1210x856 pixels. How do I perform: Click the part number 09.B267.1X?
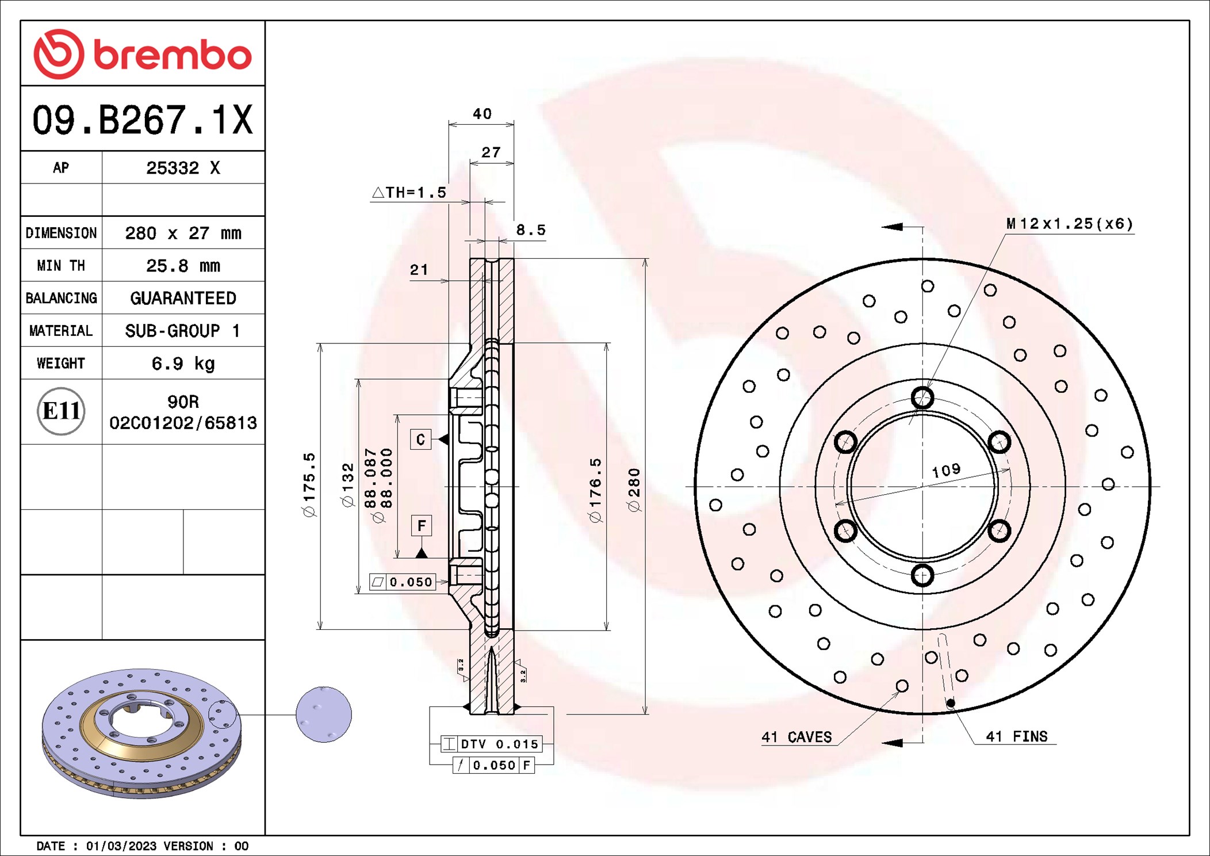pos(142,120)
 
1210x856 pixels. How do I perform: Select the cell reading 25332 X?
pos(183,168)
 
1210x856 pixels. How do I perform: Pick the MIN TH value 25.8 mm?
pos(183,266)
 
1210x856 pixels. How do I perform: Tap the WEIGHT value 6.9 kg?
pos(183,364)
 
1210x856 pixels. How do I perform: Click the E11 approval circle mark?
pos(61,411)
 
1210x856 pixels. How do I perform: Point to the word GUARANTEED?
pos(183,298)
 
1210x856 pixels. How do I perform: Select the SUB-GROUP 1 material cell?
pos(183,331)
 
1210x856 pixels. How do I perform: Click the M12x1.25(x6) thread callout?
pos(1069,224)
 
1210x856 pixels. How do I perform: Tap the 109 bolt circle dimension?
pos(946,471)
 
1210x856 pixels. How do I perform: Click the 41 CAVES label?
pos(797,737)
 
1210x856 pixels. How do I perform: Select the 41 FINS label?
pos(1016,736)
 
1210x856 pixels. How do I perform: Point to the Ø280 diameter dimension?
pos(634,490)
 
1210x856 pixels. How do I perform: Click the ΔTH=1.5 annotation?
pos(409,193)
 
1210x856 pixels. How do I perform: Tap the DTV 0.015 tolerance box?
pos(492,744)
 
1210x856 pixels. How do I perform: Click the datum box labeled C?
pos(420,440)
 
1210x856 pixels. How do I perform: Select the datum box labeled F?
pos(422,525)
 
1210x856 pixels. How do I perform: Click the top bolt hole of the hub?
pos(922,398)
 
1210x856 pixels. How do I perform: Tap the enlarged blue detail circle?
pos(324,714)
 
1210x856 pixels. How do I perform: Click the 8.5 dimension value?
pos(530,230)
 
